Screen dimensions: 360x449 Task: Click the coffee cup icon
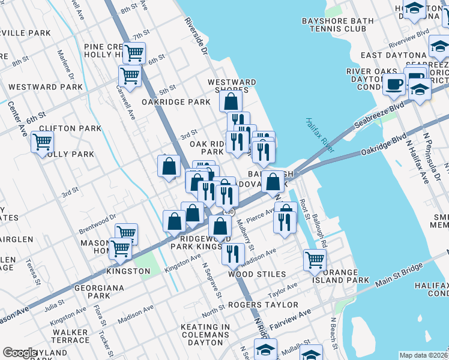394,83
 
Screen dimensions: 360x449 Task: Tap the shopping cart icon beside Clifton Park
42,142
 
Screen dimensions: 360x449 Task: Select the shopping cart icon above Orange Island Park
315,259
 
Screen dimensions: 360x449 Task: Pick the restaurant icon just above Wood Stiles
233,254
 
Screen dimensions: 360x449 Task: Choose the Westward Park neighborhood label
46,87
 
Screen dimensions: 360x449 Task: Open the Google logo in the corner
20,353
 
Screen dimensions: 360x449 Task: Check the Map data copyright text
423,355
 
